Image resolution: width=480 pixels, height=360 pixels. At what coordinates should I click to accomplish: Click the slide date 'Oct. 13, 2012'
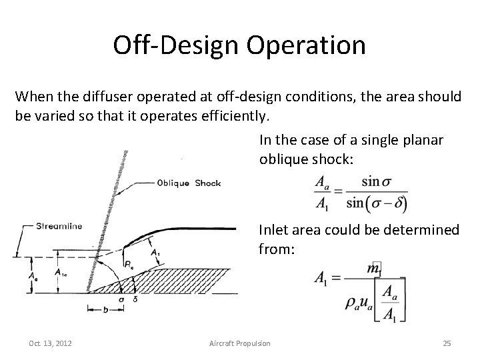51,343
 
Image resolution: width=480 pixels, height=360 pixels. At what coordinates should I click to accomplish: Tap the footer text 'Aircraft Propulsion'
239,343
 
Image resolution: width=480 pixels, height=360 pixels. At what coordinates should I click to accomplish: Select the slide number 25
447,343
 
